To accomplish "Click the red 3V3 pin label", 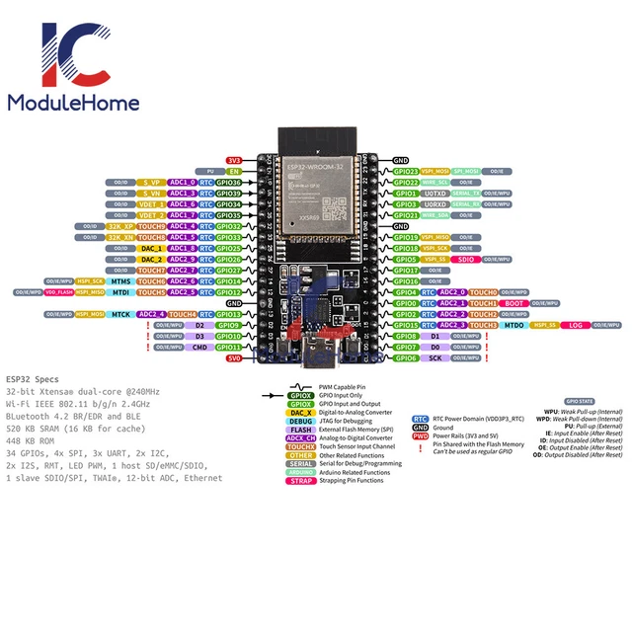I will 234,160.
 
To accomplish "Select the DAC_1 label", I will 152,248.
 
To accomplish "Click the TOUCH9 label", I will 152,226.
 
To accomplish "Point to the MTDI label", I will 120,292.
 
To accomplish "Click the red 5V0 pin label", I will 234,358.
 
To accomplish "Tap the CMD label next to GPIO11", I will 199,347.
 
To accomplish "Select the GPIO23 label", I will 407,171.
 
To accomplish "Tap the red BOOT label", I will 514,303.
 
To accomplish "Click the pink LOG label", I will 577,325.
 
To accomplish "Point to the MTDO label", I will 514,325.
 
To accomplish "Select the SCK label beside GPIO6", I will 435,357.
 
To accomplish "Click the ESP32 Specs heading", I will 32,379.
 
